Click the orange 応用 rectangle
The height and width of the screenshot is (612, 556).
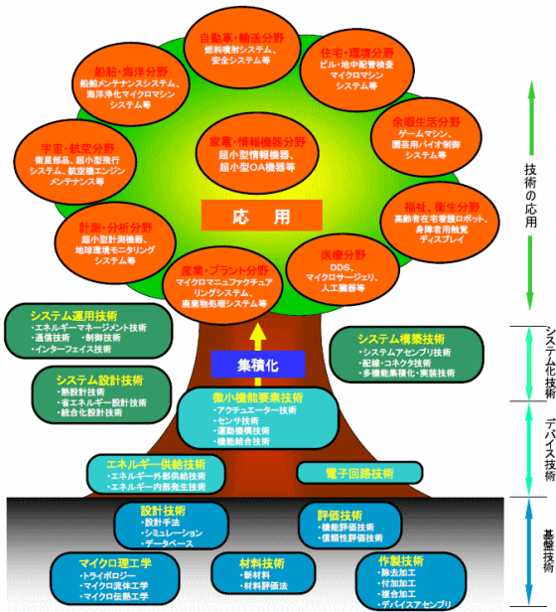[261, 215]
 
